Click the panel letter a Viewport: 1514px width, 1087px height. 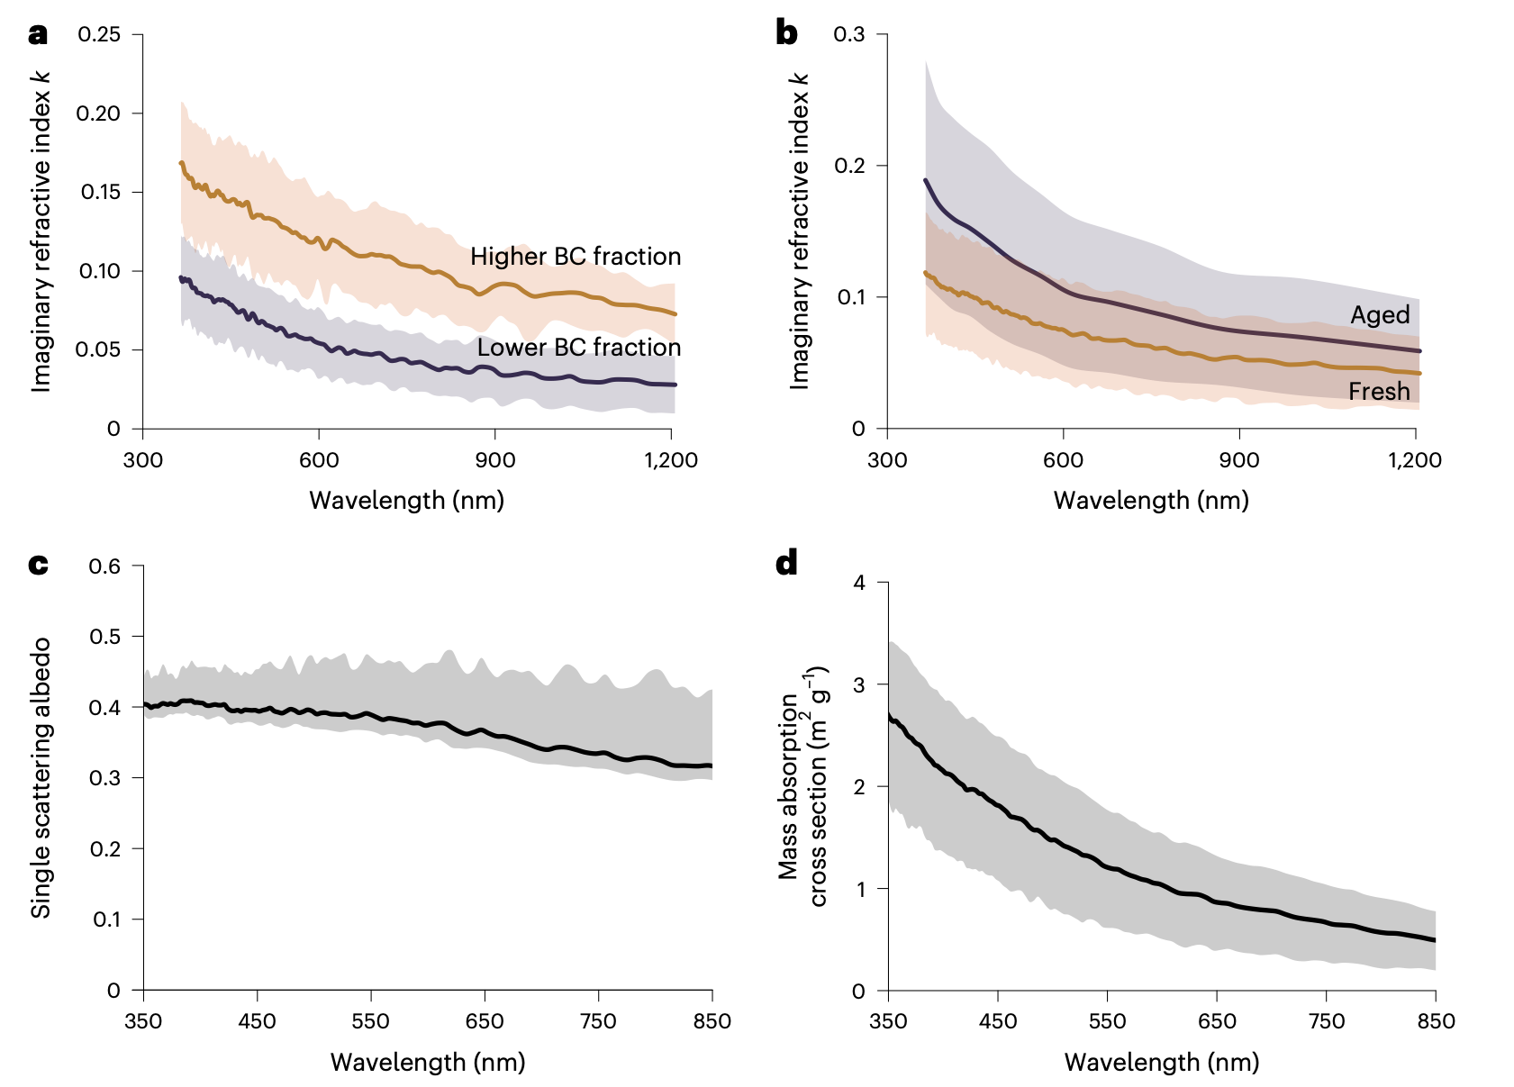point(37,35)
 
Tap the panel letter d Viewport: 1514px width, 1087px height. point(786,564)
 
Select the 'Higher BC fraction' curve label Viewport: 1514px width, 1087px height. point(575,257)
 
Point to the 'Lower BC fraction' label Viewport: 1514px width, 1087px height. point(578,348)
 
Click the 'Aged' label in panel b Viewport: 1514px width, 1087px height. point(1380,315)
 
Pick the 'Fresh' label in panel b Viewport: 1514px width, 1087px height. point(1379,392)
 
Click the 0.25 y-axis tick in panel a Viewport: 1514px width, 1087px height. point(98,34)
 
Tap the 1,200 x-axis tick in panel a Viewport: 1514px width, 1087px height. point(671,460)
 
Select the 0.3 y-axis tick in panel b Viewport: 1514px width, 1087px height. point(849,34)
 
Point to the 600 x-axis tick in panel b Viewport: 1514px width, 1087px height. point(1063,460)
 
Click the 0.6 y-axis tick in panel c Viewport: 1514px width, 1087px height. point(104,566)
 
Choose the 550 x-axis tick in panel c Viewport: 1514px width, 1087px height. point(371,1021)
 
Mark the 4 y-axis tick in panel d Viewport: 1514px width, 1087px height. point(859,583)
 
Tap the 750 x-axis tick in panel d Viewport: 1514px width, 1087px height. point(1326,1021)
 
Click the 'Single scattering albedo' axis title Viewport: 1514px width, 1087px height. point(41,778)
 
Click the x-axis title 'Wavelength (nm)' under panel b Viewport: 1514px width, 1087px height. point(1151,501)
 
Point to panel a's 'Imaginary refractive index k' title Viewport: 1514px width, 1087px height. point(41,231)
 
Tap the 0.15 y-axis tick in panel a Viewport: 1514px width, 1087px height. point(100,192)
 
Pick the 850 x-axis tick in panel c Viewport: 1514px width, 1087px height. point(712,1021)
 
